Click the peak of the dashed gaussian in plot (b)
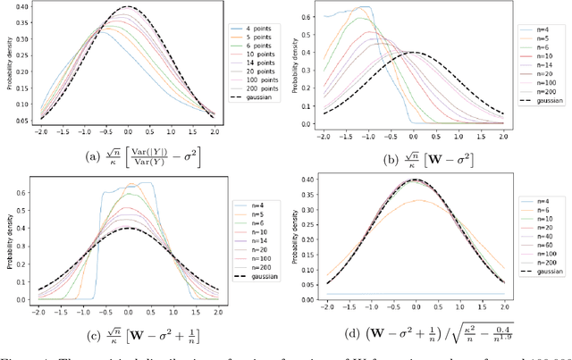pyautogui.click(x=412, y=52)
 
